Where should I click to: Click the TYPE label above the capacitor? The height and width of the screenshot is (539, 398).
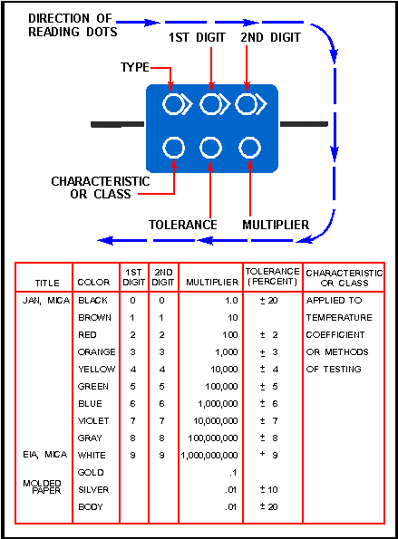point(135,67)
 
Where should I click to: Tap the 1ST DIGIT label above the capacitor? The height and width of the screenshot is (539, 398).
point(197,37)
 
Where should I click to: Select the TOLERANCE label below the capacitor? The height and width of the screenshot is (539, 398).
point(182,225)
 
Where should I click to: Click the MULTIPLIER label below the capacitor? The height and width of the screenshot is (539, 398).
point(276,225)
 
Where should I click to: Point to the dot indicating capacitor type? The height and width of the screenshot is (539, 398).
point(173,104)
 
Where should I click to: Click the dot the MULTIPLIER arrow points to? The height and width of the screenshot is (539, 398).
point(249,148)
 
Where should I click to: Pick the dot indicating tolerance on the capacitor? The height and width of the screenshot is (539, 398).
point(210,148)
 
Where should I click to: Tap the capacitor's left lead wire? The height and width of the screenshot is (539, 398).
point(117,124)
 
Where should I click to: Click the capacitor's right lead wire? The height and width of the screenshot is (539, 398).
point(304,124)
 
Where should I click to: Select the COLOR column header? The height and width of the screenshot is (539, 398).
point(93,283)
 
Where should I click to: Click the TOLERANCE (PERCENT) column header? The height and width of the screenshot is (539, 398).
point(273,276)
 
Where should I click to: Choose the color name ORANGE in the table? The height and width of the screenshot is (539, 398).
point(97,352)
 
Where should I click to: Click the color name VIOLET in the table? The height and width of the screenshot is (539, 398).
point(93,420)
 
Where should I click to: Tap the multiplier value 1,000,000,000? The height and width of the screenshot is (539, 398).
point(209,456)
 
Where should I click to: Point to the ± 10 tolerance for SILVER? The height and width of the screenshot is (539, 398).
point(268,489)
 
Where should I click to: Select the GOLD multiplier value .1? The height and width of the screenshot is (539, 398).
point(233,473)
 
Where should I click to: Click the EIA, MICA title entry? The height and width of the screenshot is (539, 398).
point(45,455)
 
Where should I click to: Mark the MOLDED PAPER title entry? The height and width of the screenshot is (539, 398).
point(42,487)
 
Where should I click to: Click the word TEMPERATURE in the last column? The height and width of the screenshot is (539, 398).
point(339,318)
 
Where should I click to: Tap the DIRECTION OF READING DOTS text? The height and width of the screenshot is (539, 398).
point(73,25)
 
